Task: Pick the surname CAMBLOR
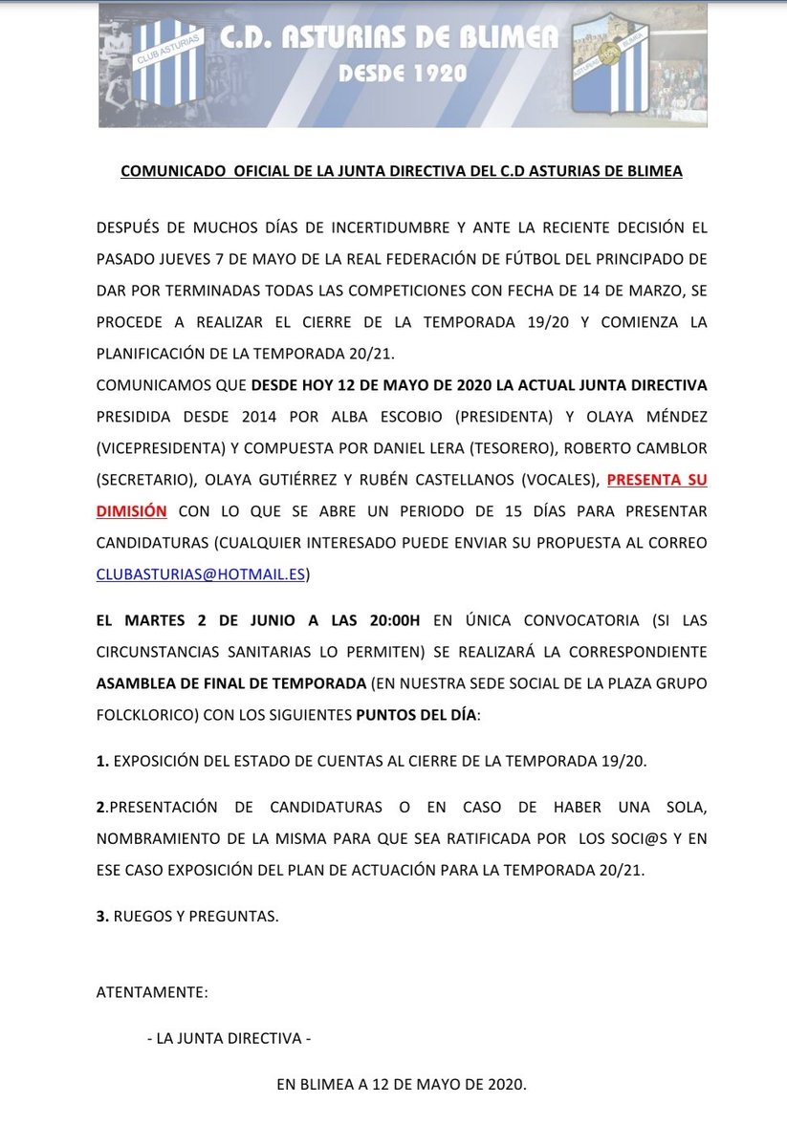pyautogui.click(x=673, y=448)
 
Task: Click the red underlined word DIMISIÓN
pyautogui.click(x=132, y=511)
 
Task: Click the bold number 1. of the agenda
pyautogui.click(x=102, y=760)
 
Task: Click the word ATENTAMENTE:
pyautogui.click(x=152, y=992)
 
